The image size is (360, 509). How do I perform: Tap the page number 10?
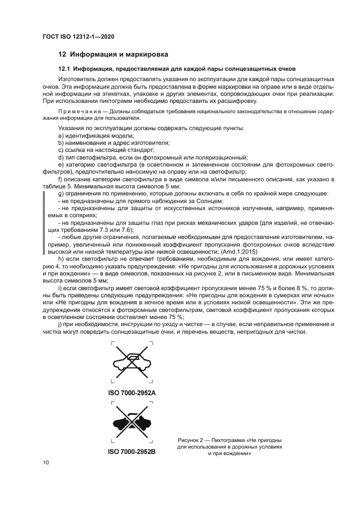tap(46, 462)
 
